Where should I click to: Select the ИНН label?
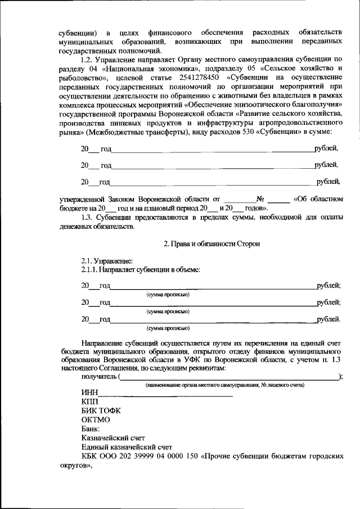[x=89, y=392]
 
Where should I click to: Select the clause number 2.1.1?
[x=92, y=270]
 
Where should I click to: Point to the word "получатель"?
[x=99, y=376]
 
